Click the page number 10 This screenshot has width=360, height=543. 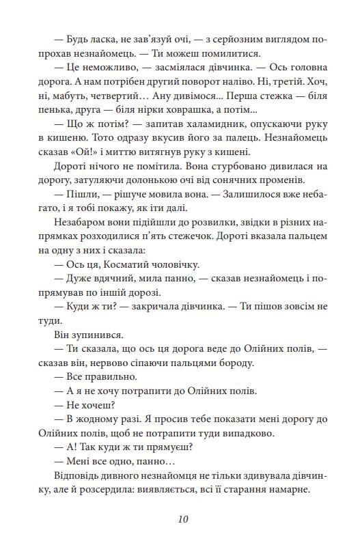click(x=180, y=518)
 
